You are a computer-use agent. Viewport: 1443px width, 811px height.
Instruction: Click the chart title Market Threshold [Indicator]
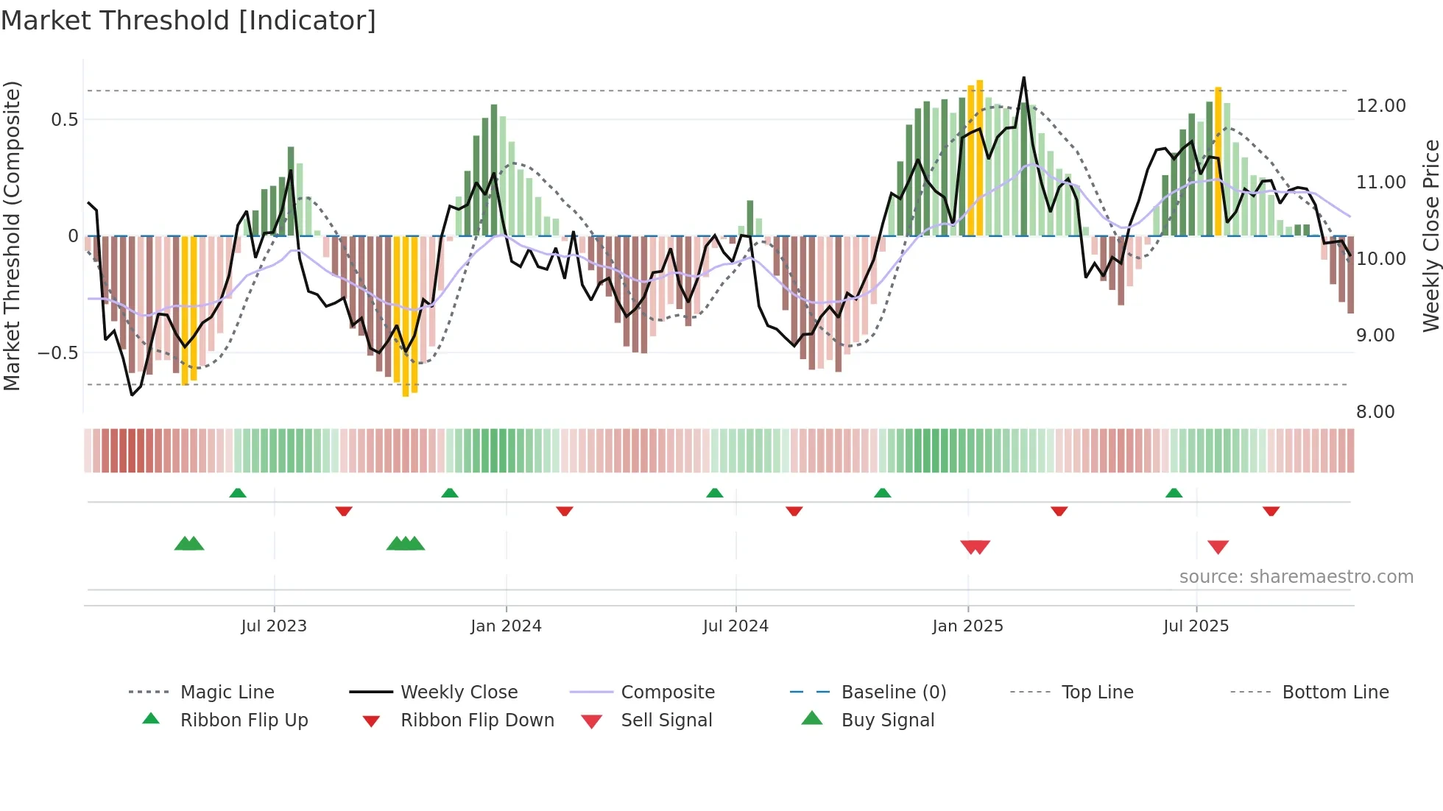[x=188, y=21]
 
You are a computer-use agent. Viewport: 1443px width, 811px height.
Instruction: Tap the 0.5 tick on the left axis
[x=64, y=119]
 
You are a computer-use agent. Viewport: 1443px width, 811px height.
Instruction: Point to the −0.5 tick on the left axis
[x=58, y=353]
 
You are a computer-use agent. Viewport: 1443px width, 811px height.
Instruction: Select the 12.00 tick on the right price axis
[x=1380, y=105]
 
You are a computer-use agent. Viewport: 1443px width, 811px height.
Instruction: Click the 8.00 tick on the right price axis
[x=1375, y=411]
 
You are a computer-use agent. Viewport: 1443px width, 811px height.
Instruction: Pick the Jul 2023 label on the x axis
[x=274, y=626]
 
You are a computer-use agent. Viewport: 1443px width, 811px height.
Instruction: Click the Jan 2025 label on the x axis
[x=967, y=626]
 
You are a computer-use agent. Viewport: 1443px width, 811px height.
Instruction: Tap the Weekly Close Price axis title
[x=1430, y=235]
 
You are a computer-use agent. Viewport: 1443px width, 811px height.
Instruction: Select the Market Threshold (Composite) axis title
[x=12, y=235]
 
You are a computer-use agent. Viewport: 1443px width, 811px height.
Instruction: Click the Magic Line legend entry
[x=227, y=693]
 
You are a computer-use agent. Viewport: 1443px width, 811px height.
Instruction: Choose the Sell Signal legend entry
[x=666, y=720]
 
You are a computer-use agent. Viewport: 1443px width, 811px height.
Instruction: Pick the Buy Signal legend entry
[x=887, y=720]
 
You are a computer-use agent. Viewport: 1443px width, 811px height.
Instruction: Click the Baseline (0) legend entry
[x=893, y=693]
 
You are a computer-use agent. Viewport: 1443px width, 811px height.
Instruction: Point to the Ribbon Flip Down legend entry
[x=477, y=720]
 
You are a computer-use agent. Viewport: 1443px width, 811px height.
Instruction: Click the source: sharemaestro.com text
[x=1296, y=577]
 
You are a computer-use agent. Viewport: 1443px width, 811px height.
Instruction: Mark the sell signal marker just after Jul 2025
[x=1218, y=547]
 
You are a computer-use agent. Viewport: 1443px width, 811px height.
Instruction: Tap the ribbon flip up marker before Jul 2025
[x=1174, y=493]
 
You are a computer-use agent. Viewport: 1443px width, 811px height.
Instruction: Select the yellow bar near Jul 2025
[x=1218, y=162]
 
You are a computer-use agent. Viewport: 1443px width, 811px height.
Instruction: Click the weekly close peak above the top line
[x=1023, y=78]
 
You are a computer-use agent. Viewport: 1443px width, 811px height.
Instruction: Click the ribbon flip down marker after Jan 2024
[x=565, y=511]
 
